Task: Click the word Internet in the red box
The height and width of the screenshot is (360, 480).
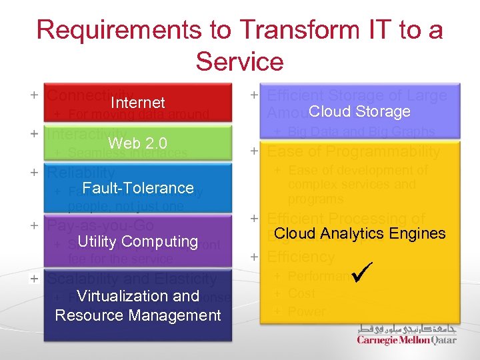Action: pos(137,103)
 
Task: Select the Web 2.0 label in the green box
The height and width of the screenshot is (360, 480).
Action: pos(137,143)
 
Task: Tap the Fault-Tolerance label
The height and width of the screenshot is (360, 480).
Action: pos(138,188)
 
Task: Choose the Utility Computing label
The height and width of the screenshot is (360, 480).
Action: pos(138,241)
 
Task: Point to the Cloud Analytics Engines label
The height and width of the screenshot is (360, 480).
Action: pos(359,233)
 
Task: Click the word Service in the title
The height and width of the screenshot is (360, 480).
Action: pos(239,62)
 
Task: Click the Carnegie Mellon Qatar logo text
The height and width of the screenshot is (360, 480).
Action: pos(407,340)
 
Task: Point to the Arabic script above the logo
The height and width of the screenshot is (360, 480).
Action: pos(407,329)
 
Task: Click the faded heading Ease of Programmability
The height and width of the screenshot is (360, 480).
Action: pos(353,152)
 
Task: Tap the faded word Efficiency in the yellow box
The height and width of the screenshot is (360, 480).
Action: pos(301,257)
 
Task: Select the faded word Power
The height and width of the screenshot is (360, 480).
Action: pos(307,311)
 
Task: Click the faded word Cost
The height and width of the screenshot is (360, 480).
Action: pos(301,293)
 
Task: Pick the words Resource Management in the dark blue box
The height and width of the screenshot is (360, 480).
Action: pos(138,315)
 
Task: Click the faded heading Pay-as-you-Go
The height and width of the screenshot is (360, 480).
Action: pos(100,225)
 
